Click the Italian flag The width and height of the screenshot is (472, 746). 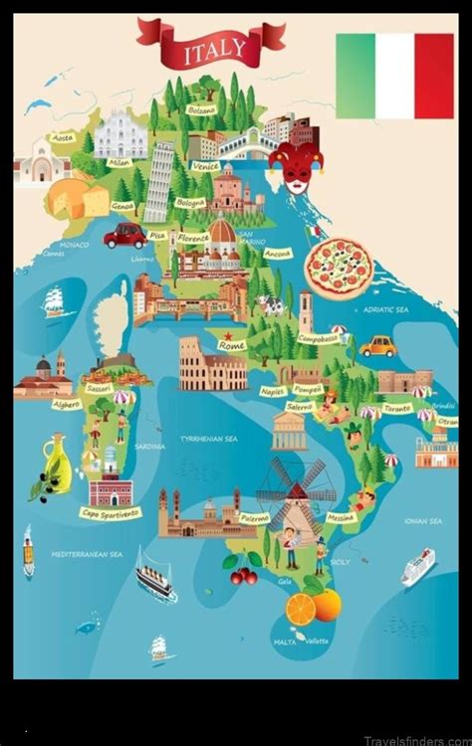tap(394, 76)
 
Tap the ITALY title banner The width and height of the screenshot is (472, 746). tap(210, 46)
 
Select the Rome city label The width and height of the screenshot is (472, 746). tap(232, 345)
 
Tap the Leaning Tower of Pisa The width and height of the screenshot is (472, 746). tap(159, 180)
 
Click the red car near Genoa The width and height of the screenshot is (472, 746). tap(126, 236)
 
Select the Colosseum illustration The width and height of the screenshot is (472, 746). tap(212, 364)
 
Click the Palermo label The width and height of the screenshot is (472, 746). tap(254, 518)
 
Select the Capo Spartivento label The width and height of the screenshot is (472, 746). tap(111, 513)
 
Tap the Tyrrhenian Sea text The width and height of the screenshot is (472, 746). tap(207, 439)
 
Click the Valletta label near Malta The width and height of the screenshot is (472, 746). tap(316, 642)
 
